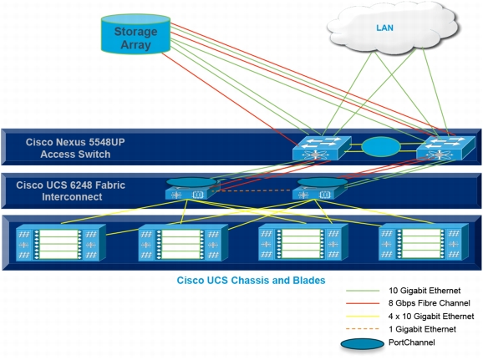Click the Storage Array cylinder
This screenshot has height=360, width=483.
(x=135, y=34)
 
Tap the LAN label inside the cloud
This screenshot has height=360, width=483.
(x=384, y=28)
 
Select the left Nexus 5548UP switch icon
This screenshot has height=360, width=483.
(x=322, y=148)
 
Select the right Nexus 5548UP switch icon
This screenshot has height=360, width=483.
(x=445, y=148)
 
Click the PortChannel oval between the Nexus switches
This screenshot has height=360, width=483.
(x=381, y=147)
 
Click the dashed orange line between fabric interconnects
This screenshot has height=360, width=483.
(x=252, y=190)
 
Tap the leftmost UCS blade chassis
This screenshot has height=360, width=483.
(x=61, y=243)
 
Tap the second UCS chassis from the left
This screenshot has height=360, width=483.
(x=183, y=243)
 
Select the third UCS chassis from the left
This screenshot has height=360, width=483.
(x=303, y=242)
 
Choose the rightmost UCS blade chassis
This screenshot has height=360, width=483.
(x=424, y=242)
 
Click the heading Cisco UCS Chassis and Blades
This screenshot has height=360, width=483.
(x=251, y=281)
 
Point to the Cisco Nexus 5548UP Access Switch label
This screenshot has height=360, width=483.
(x=75, y=148)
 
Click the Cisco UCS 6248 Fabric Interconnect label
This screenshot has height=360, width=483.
(x=71, y=191)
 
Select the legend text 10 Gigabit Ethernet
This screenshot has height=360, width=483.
(x=425, y=291)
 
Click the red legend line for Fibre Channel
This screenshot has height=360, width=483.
(x=363, y=304)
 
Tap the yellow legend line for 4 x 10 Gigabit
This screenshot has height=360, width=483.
(x=363, y=317)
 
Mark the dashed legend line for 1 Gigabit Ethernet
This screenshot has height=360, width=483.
(x=363, y=329)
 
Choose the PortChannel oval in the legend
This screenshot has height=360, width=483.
(x=363, y=344)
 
